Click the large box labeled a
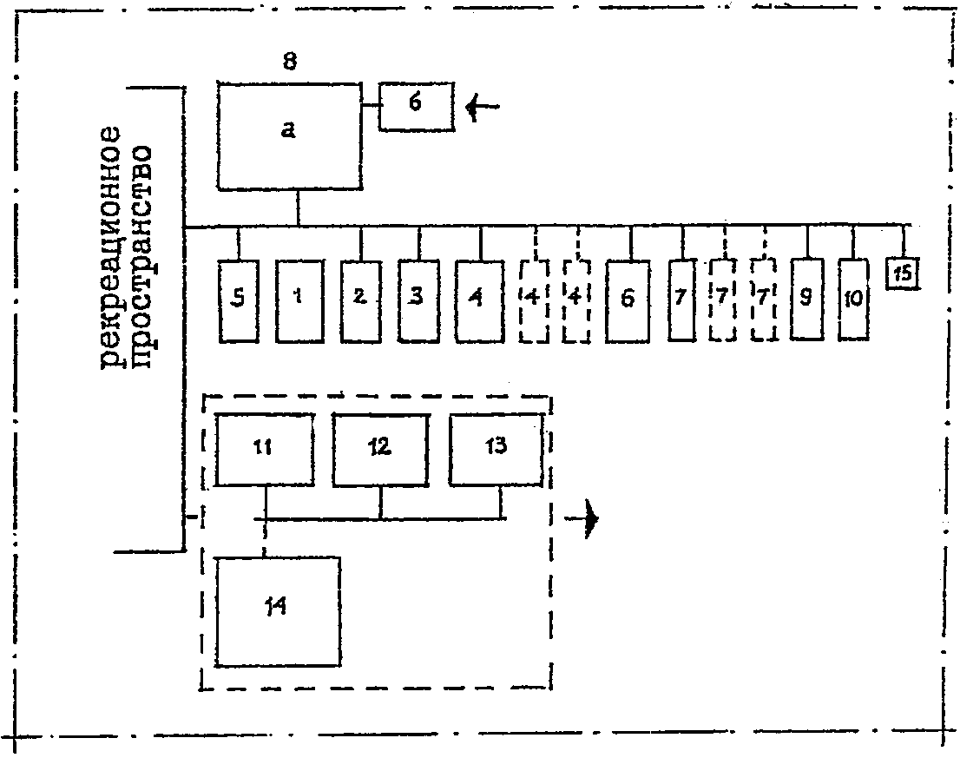click(x=289, y=135)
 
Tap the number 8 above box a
click(x=290, y=62)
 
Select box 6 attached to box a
click(x=417, y=106)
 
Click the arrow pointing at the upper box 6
click(x=483, y=107)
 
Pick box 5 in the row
click(x=239, y=300)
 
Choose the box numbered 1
click(x=299, y=300)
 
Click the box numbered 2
click(x=361, y=300)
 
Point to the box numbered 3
click(x=418, y=300)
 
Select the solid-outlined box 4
click(x=479, y=300)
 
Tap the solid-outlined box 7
click(x=682, y=300)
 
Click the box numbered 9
click(x=807, y=298)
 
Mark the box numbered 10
click(x=853, y=298)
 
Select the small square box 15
click(x=904, y=273)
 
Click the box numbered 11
click(x=265, y=450)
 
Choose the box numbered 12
click(x=380, y=450)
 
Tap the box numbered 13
click(x=496, y=450)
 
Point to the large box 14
click(x=278, y=610)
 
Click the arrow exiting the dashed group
click(x=581, y=519)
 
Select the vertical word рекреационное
click(x=111, y=248)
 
